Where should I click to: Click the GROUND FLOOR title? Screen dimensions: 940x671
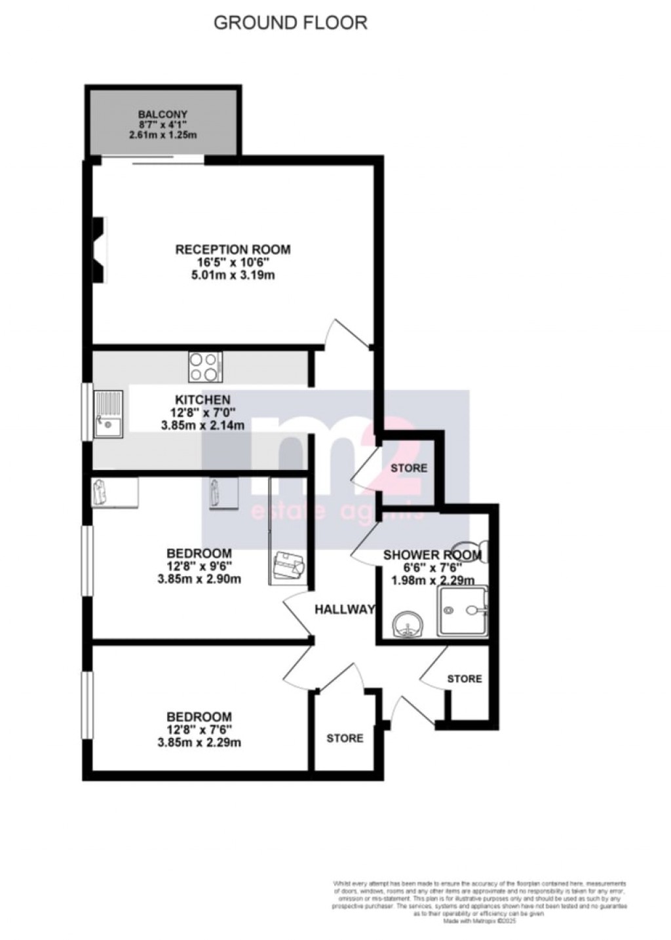click(x=291, y=23)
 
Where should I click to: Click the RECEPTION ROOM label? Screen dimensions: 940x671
click(x=233, y=250)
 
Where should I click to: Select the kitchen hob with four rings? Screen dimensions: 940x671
click(x=205, y=366)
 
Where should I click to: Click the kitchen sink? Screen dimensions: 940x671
click(x=109, y=414)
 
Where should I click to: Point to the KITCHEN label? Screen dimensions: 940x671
click(x=202, y=400)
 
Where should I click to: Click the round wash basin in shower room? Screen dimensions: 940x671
click(x=407, y=626)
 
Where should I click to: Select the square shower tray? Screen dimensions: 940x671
click(x=463, y=610)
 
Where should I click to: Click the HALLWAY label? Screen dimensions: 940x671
click(x=345, y=609)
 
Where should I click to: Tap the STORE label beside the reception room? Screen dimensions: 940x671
click(x=409, y=468)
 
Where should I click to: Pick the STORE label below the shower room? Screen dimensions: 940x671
click(x=464, y=678)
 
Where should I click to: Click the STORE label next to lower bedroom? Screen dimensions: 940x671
click(x=345, y=738)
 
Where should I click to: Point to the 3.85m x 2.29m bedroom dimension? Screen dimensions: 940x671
click(x=199, y=743)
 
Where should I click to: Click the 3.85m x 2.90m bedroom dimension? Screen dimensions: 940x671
click(x=199, y=579)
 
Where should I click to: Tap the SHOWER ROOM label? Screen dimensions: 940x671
click(x=432, y=555)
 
